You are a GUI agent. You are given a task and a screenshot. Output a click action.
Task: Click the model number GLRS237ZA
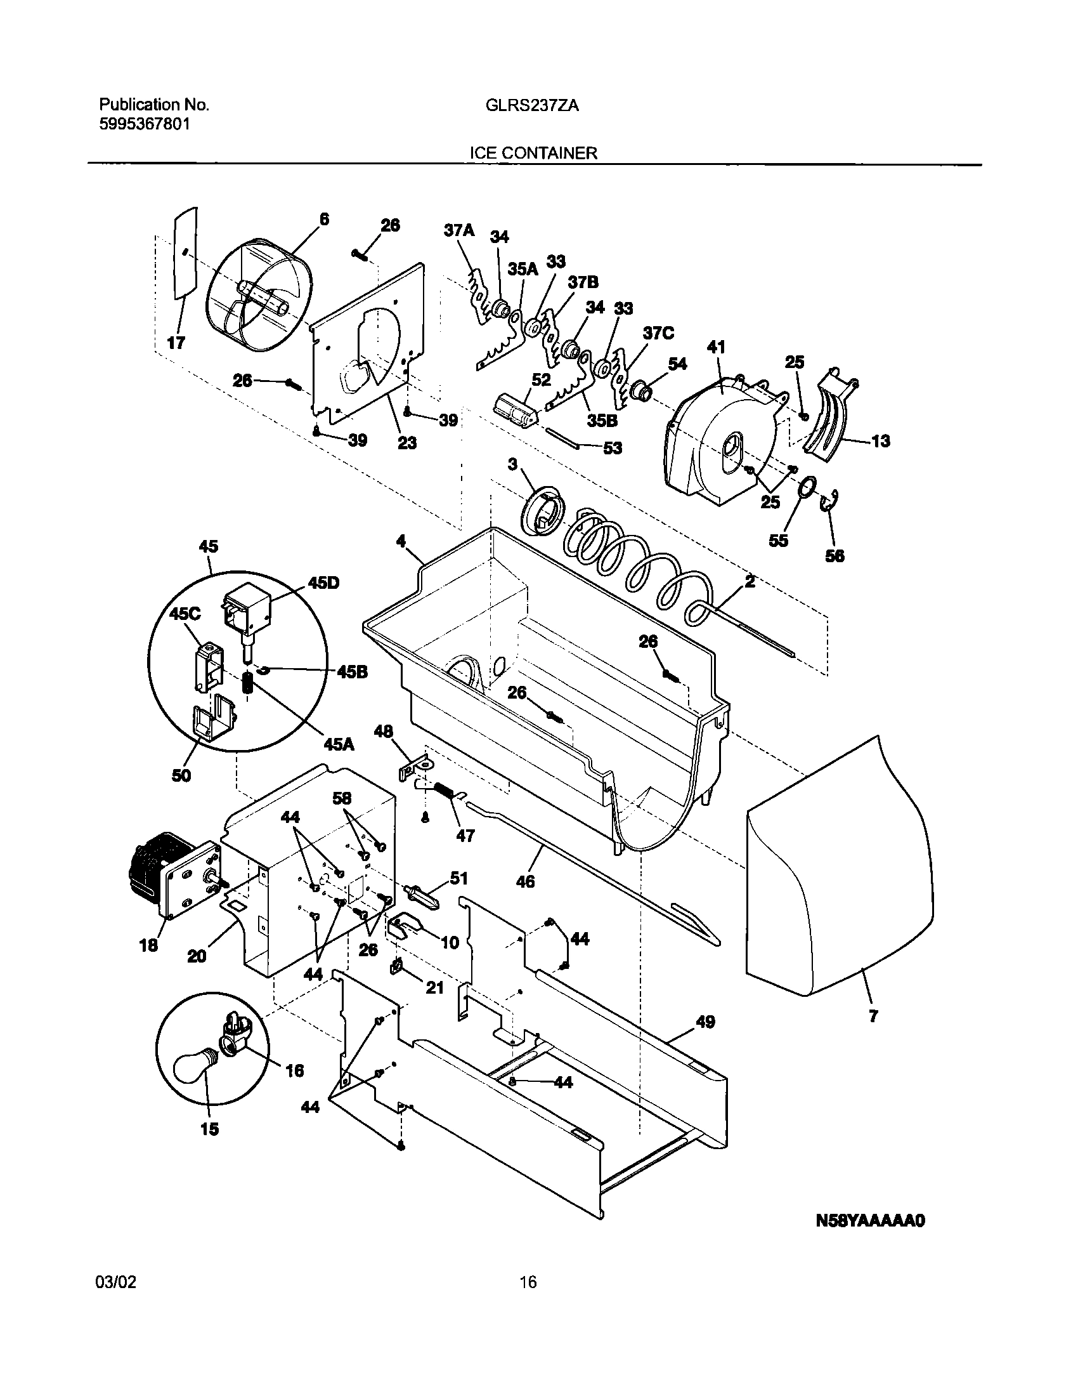532,106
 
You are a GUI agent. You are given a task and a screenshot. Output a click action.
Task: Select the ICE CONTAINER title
533,153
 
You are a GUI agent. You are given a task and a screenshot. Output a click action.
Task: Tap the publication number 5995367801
144,124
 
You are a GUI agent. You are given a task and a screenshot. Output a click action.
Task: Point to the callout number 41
716,347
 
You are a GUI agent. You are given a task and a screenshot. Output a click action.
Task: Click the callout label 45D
323,582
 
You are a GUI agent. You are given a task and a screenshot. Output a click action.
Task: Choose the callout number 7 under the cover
873,1016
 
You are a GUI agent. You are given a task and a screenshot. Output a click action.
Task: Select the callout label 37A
458,230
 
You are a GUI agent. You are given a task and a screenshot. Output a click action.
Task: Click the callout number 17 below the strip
176,343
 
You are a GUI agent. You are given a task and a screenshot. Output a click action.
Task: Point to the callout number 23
406,442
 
